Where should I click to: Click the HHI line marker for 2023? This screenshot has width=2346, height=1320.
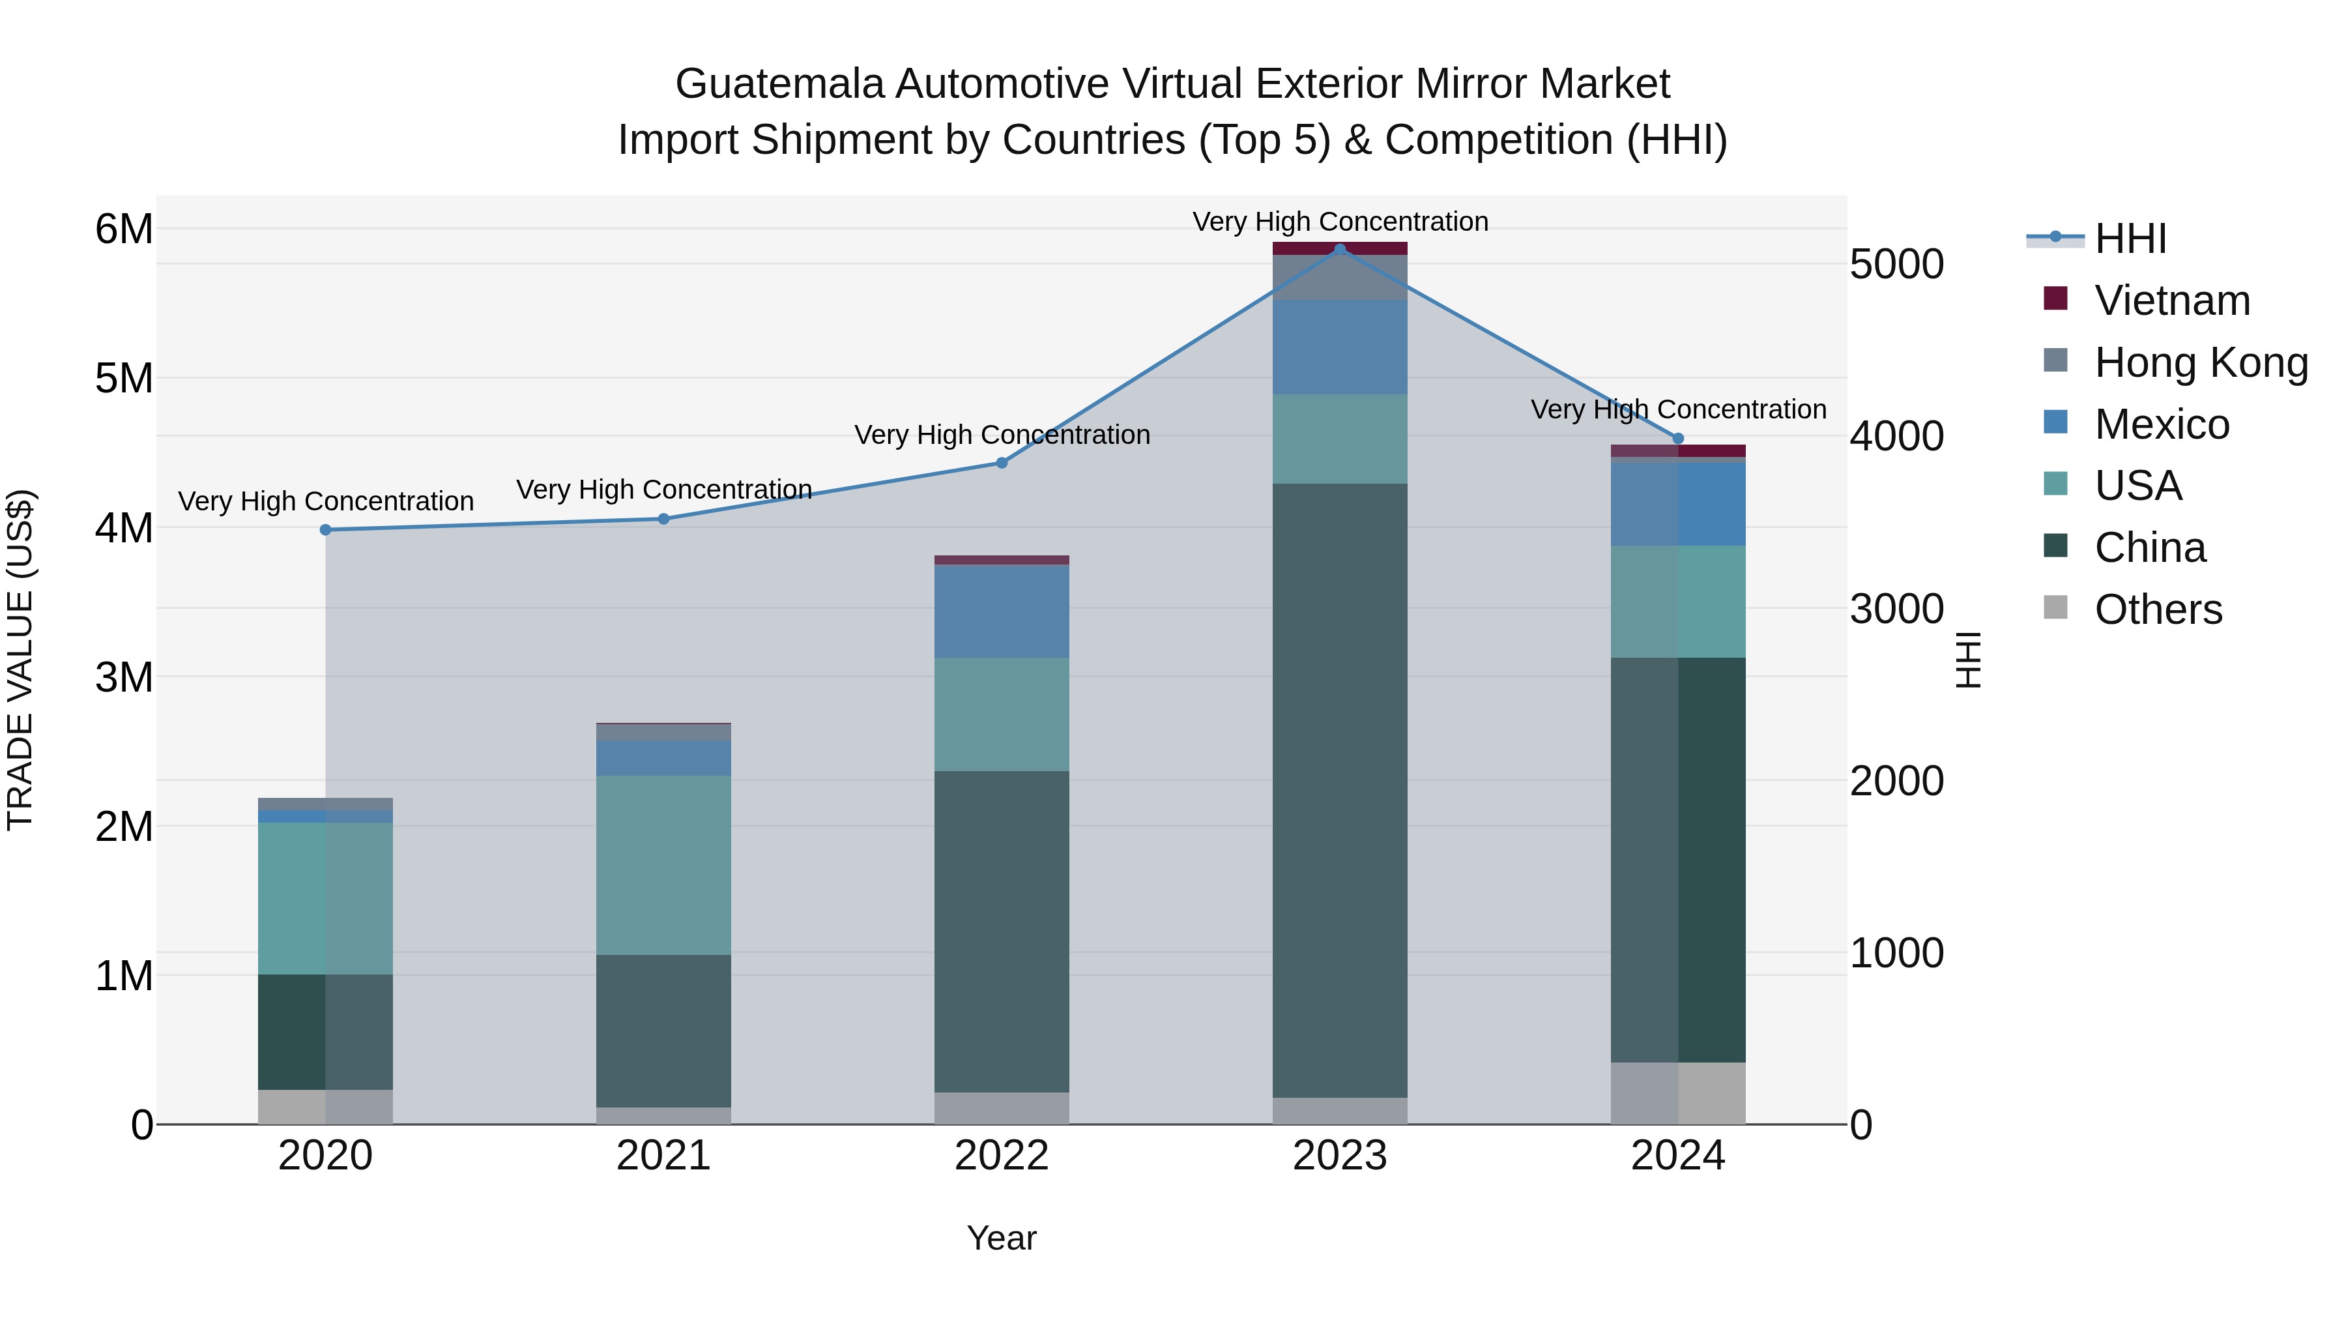pyautogui.click(x=1340, y=249)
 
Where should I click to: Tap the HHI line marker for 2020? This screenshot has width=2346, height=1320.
pyautogui.click(x=325, y=529)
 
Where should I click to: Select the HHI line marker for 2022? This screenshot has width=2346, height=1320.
pyautogui.click(x=1002, y=463)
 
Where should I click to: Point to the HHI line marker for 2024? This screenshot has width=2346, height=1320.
pyautogui.click(x=1679, y=438)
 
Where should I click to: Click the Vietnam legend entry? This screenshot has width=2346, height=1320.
pyautogui.click(x=2171, y=301)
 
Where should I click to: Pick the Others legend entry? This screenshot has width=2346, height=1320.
pyautogui.click(x=2158, y=609)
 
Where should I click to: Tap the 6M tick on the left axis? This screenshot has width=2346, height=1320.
pyautogui.click(x=124, y=229)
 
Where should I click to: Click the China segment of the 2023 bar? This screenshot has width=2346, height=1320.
pyautogui.click(x=1340, y=790)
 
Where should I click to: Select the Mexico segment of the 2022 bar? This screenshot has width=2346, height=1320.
pyautogui.click(x=1002, y=611)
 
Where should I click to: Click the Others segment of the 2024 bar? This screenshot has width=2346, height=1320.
pyautogui.click(x=1679, y=1093)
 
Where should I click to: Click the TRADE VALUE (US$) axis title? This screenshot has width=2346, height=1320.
pyautogui.click(x=20, y=660)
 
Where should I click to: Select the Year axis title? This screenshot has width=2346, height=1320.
pyautogui.click(x=1002, y=1238)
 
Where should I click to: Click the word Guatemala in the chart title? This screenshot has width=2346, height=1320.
pyautogui.click(x=779, y=84)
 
